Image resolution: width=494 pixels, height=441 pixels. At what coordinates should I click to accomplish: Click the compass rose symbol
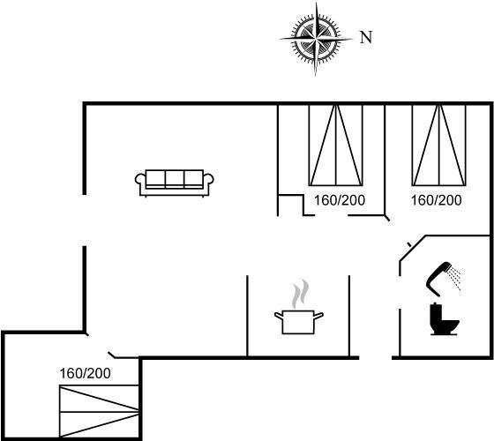pyautogui.click(x=316, y=39)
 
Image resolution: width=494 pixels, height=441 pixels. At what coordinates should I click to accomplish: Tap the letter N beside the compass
pyautogui.click(x=366, y=37)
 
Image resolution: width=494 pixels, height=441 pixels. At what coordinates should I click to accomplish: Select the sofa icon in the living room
pyautogui.click(x=175, y=183)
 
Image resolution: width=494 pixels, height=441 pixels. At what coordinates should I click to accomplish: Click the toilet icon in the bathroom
pyautogui.click(x=445, y=318)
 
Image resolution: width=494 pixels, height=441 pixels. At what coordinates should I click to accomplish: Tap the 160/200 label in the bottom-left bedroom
pyautogui.click(x=85, y=374)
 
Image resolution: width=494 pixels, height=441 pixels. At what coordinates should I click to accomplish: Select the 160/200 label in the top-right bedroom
pyautogui.click(x=437, y=200)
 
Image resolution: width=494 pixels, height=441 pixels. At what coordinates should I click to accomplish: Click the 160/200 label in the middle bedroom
pyautogui.click(x=340, y=200)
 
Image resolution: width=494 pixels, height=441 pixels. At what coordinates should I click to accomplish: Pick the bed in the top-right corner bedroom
pyautogui.click(x=439, y=145)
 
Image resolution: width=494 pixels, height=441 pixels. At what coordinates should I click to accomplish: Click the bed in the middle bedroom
pyautogui.click(x=336, y=145)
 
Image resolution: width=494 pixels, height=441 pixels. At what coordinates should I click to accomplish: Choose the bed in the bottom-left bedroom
pyautogui.click(x=99, y=411)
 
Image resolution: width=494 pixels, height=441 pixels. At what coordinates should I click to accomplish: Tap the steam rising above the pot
pyautogui.click(x=299, y=294)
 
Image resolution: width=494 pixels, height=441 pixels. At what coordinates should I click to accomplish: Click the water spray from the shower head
pyautogui.click(x=455, y=278)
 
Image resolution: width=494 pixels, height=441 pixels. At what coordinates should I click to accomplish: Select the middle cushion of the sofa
pyautogui.click(x=175, y=178)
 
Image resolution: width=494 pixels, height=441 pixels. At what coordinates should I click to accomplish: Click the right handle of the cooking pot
pyautogui.click(x=318, y=316)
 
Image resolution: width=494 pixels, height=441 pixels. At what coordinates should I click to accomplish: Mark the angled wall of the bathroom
pyautogui.click(x=413, y=248)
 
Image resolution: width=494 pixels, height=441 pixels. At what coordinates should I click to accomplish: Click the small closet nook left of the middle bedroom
pyautogui.click(x=290, y=206)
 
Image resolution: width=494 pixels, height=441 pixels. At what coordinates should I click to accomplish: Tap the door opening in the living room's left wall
pyautogui.click(x=85, y=220)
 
